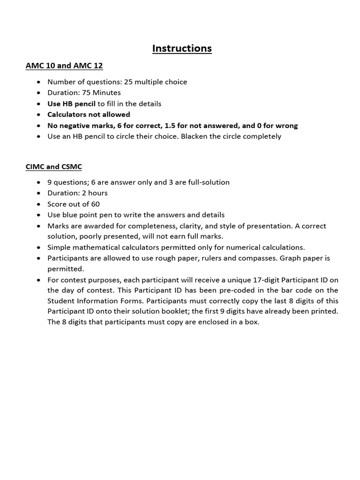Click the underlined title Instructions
pos(182,48)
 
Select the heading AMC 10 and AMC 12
pos(64,66)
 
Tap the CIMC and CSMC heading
pos(54,166)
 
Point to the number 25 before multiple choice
pos(128,82)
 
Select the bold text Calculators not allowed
pos(89,114)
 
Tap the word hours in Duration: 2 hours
pos(97,193)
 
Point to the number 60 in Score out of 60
pos(95,204)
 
